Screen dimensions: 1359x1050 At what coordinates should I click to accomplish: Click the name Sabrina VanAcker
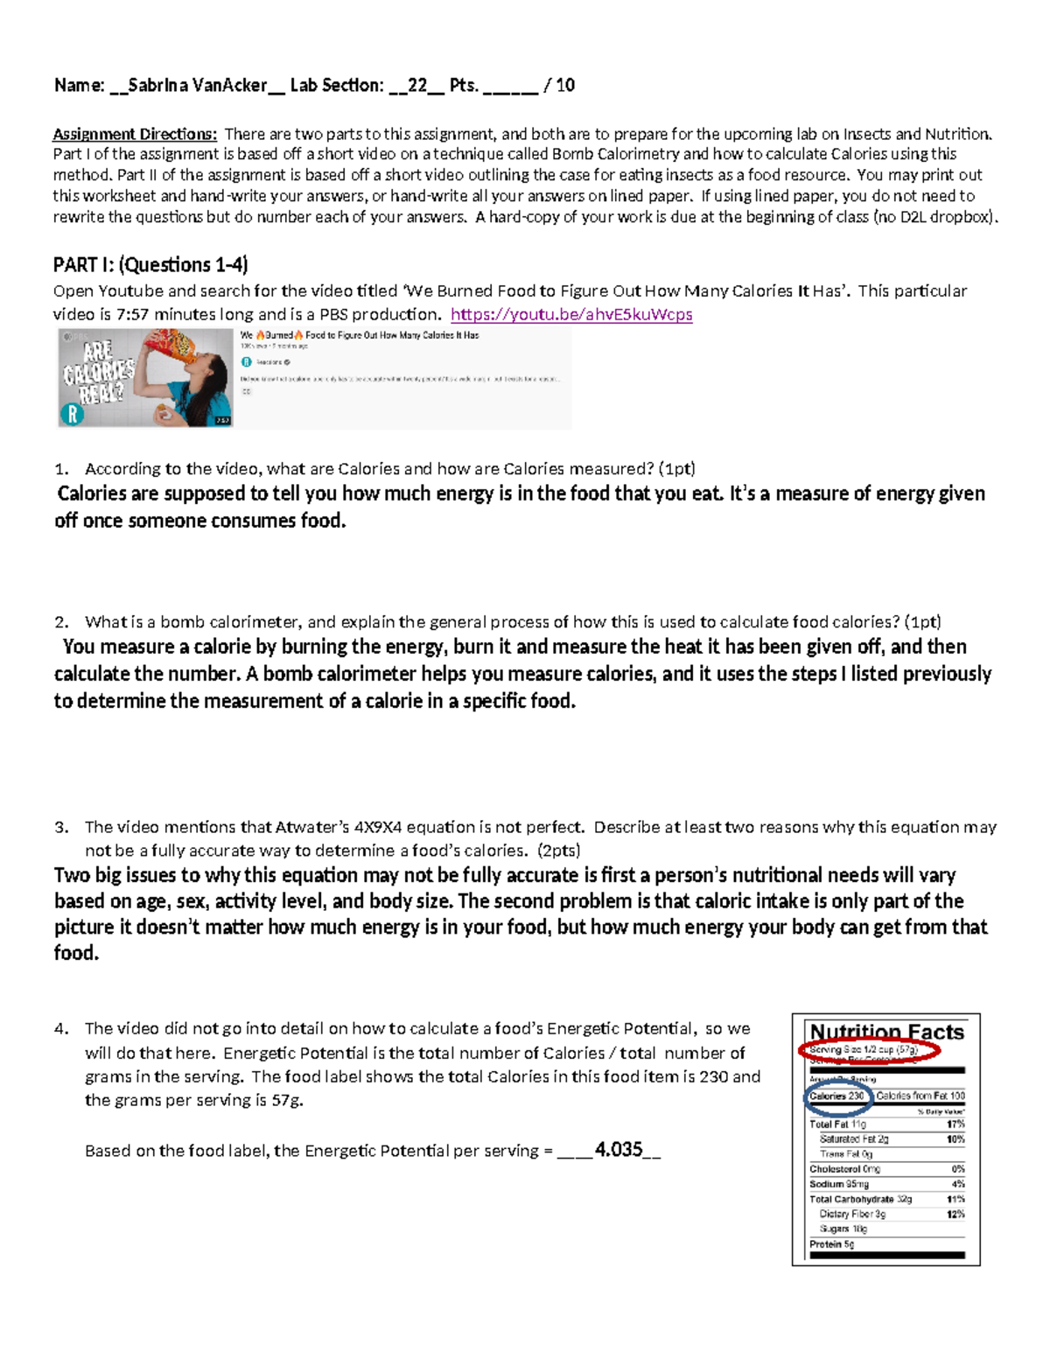click(198, 86)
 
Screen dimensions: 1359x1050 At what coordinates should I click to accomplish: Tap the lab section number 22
click(417, 86)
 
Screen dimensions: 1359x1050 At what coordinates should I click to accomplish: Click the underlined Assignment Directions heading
click(135, 134)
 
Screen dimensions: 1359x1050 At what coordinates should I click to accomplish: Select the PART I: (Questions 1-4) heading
click(150, 264)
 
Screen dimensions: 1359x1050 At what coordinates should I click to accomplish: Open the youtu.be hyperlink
click(571, 314)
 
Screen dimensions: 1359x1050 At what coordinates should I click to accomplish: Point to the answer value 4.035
click(619, 1150)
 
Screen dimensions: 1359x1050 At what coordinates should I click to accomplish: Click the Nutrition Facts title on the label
click(886, 1032)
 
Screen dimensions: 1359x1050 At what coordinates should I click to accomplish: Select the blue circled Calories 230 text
click(837, 1096)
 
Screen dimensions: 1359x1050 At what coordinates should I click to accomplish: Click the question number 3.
click(60, 827)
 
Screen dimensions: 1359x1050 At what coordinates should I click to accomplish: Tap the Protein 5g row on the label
click(832, 1244)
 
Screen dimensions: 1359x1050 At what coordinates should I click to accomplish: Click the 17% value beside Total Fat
click(955, 1124)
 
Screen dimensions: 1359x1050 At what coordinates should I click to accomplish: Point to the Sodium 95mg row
click(839, 1184)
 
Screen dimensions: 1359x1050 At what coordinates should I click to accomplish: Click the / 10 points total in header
click(559, 86)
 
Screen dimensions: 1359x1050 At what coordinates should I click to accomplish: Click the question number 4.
click(60, 1029)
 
